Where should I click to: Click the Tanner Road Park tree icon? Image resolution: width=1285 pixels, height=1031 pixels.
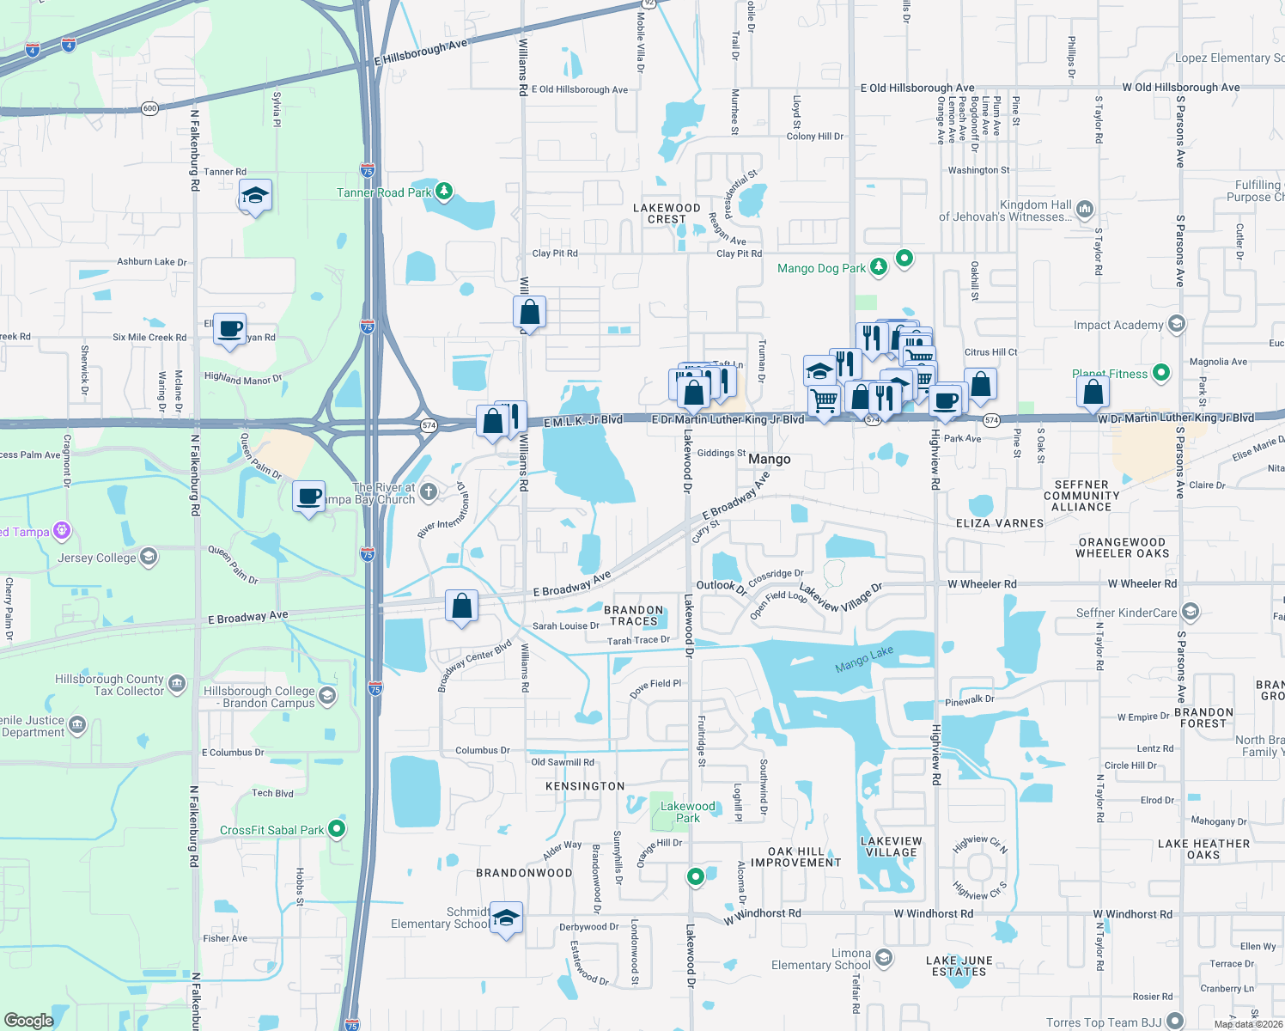[x=444, y=191]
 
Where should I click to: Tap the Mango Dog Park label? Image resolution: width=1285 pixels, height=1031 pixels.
[x=821, y=268]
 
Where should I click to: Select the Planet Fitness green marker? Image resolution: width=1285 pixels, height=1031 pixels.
[x=1161, y=373]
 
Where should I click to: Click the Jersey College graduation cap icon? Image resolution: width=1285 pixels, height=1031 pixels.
[x=149, y=558]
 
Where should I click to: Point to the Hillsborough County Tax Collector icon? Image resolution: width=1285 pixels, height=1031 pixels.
[x=177, y=684]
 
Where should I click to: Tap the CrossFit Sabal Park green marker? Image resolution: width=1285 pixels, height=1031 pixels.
[x=337, y=829]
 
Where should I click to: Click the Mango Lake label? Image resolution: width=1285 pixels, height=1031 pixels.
[x=864, y=660]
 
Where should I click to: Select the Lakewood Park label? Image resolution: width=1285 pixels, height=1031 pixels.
[x=687, y=812]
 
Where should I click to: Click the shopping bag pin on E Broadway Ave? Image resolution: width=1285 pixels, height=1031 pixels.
[x=461, y=607]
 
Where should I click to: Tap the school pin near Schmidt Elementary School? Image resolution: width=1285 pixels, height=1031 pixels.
[x=506, y=918]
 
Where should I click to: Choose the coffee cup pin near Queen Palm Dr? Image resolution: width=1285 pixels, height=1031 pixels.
[x=308, y=497]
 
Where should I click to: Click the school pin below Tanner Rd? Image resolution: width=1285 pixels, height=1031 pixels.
[x=255, y=196]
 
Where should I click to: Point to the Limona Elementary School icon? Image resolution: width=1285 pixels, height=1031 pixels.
[x=884, y=958]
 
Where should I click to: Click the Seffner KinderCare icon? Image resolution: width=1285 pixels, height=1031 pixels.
[x=1190, y=612]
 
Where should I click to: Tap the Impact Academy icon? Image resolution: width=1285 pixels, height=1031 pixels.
[x=1177, y=324]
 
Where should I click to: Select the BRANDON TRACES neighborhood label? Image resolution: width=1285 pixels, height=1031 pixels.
[x=634, y=615]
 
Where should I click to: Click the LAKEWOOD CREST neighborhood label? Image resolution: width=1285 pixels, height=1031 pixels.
[x=667, y=213]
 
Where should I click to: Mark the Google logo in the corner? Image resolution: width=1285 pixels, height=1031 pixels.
[x=28, y=1021]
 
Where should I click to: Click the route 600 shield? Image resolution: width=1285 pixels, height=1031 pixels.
[x=150, y=108]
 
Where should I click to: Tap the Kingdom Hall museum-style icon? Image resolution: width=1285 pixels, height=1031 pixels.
[x=1085, y=209]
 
